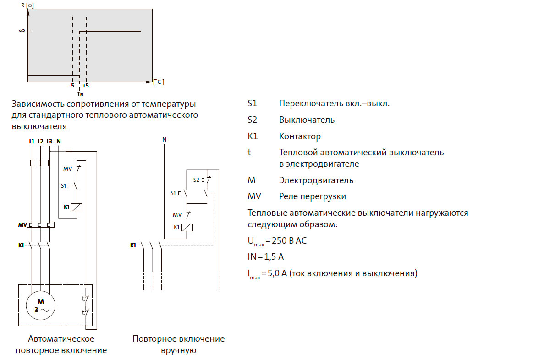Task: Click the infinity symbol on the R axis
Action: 22,31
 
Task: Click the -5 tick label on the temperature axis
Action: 71,86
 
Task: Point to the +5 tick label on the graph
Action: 86,86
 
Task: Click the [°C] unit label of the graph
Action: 159,82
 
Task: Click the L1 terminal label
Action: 31,141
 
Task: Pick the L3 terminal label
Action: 49,141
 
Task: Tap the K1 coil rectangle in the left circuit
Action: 77,207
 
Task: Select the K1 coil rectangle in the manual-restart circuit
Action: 187,227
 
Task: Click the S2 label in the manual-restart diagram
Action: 197,180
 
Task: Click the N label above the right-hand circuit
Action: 164,138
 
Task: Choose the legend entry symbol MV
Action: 254,196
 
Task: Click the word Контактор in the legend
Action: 300,136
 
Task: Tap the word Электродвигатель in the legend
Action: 316,180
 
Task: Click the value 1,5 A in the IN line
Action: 273,257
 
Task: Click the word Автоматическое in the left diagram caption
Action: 61,339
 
